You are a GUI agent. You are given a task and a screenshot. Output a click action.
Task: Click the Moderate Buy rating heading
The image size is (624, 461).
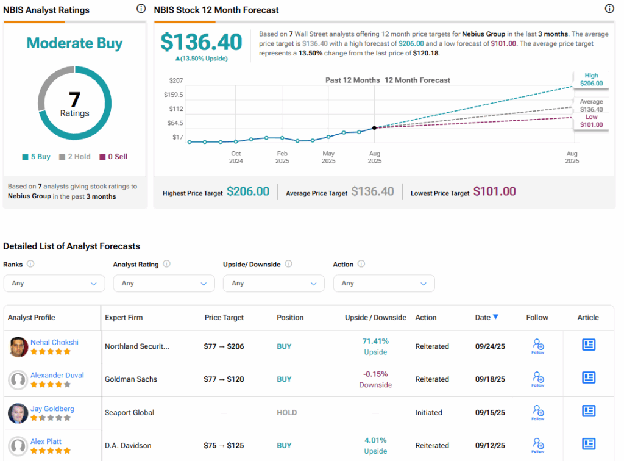tap(74, 43)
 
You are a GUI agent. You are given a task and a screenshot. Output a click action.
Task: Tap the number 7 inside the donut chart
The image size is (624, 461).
tap(74, 99)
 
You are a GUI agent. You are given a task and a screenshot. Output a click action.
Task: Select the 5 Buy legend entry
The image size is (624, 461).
tap(37, 157)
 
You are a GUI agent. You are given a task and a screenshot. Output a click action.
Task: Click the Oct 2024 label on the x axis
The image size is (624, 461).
tap(236, 157)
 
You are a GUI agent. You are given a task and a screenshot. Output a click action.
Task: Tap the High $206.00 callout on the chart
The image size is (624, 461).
tap(590, 79)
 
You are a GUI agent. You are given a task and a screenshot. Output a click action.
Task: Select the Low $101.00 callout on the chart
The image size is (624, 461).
tap(590, 121)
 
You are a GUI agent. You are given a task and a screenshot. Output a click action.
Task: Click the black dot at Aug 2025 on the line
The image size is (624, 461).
tap(374, 127)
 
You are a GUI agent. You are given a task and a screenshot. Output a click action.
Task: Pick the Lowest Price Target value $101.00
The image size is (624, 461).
tap(494, 191)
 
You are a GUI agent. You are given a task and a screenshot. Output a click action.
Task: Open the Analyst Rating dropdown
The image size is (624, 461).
tap(164, 283)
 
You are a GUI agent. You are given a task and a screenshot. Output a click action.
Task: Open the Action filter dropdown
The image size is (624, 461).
tap(384, 283)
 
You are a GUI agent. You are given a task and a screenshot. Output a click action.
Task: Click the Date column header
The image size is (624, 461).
tap(486, 317)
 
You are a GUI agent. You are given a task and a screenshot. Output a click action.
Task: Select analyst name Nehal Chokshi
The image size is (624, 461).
tap(54, 342)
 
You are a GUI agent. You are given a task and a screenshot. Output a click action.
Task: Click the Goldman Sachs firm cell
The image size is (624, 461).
tap(130, 379)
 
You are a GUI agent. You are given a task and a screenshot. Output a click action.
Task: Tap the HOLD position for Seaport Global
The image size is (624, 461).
tap(286, 413)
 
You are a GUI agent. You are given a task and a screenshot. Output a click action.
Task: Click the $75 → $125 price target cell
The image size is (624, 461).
tap(223, 446)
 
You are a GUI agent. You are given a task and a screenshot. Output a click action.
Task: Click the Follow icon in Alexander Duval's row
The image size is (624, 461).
tap(537, 379)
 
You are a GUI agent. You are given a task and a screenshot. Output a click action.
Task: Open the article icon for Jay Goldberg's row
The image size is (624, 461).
tap(588, 412)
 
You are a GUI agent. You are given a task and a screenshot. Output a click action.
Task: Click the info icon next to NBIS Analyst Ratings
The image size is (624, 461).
tap(141, 9)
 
